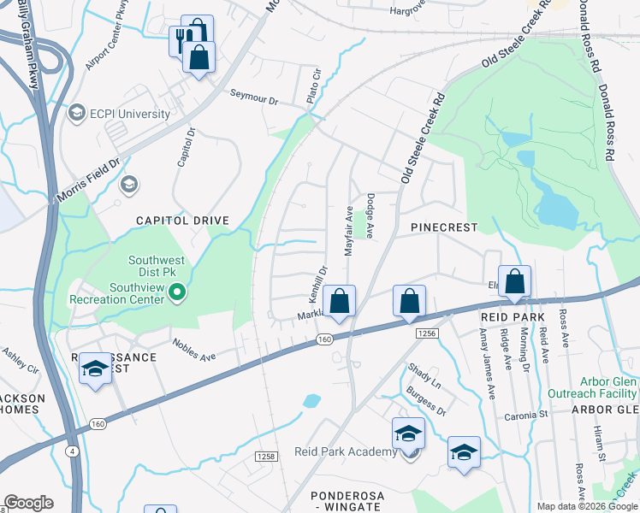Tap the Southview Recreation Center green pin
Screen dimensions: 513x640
pos(178,294)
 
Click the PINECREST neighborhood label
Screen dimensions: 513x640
pos(442,227)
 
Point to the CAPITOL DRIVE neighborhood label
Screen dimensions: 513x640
pos(183,221)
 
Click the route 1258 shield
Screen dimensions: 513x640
pos(264,457)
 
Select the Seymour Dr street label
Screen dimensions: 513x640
pos(253,99)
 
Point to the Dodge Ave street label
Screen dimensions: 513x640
pos(370,215)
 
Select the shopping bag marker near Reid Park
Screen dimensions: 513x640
pos(515,281)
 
